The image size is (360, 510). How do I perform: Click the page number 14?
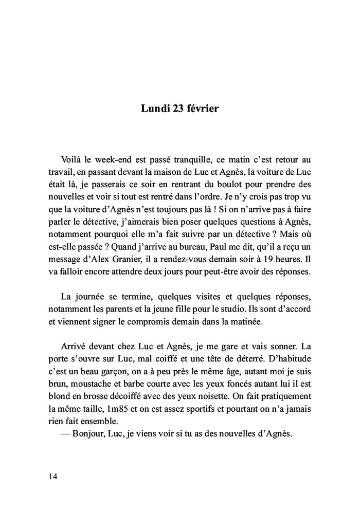coord(53,476)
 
